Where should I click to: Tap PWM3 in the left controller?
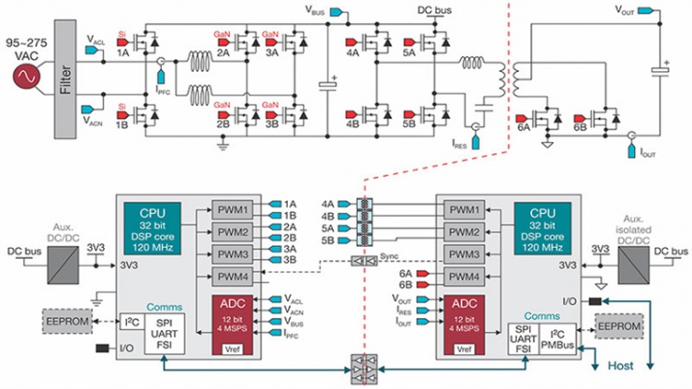[x=229, y=253]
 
